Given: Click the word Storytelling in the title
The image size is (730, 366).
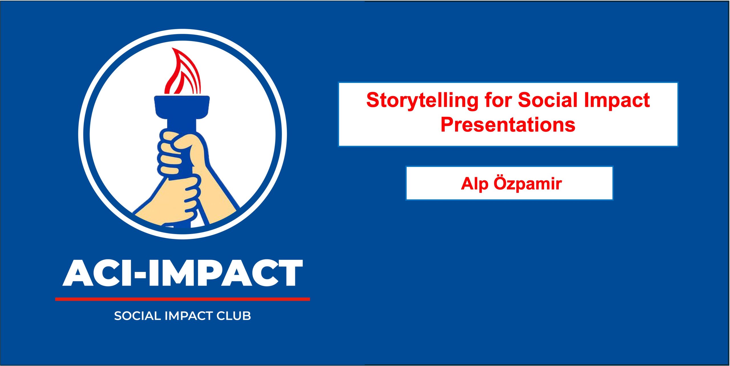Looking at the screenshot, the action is [422, 100].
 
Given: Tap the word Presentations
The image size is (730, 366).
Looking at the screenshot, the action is [508, 125].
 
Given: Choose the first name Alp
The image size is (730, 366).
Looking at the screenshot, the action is [474, 184].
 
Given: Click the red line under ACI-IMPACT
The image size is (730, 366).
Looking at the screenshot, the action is [182, 299].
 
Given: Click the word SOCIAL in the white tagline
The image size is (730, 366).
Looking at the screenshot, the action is [138, 316].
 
